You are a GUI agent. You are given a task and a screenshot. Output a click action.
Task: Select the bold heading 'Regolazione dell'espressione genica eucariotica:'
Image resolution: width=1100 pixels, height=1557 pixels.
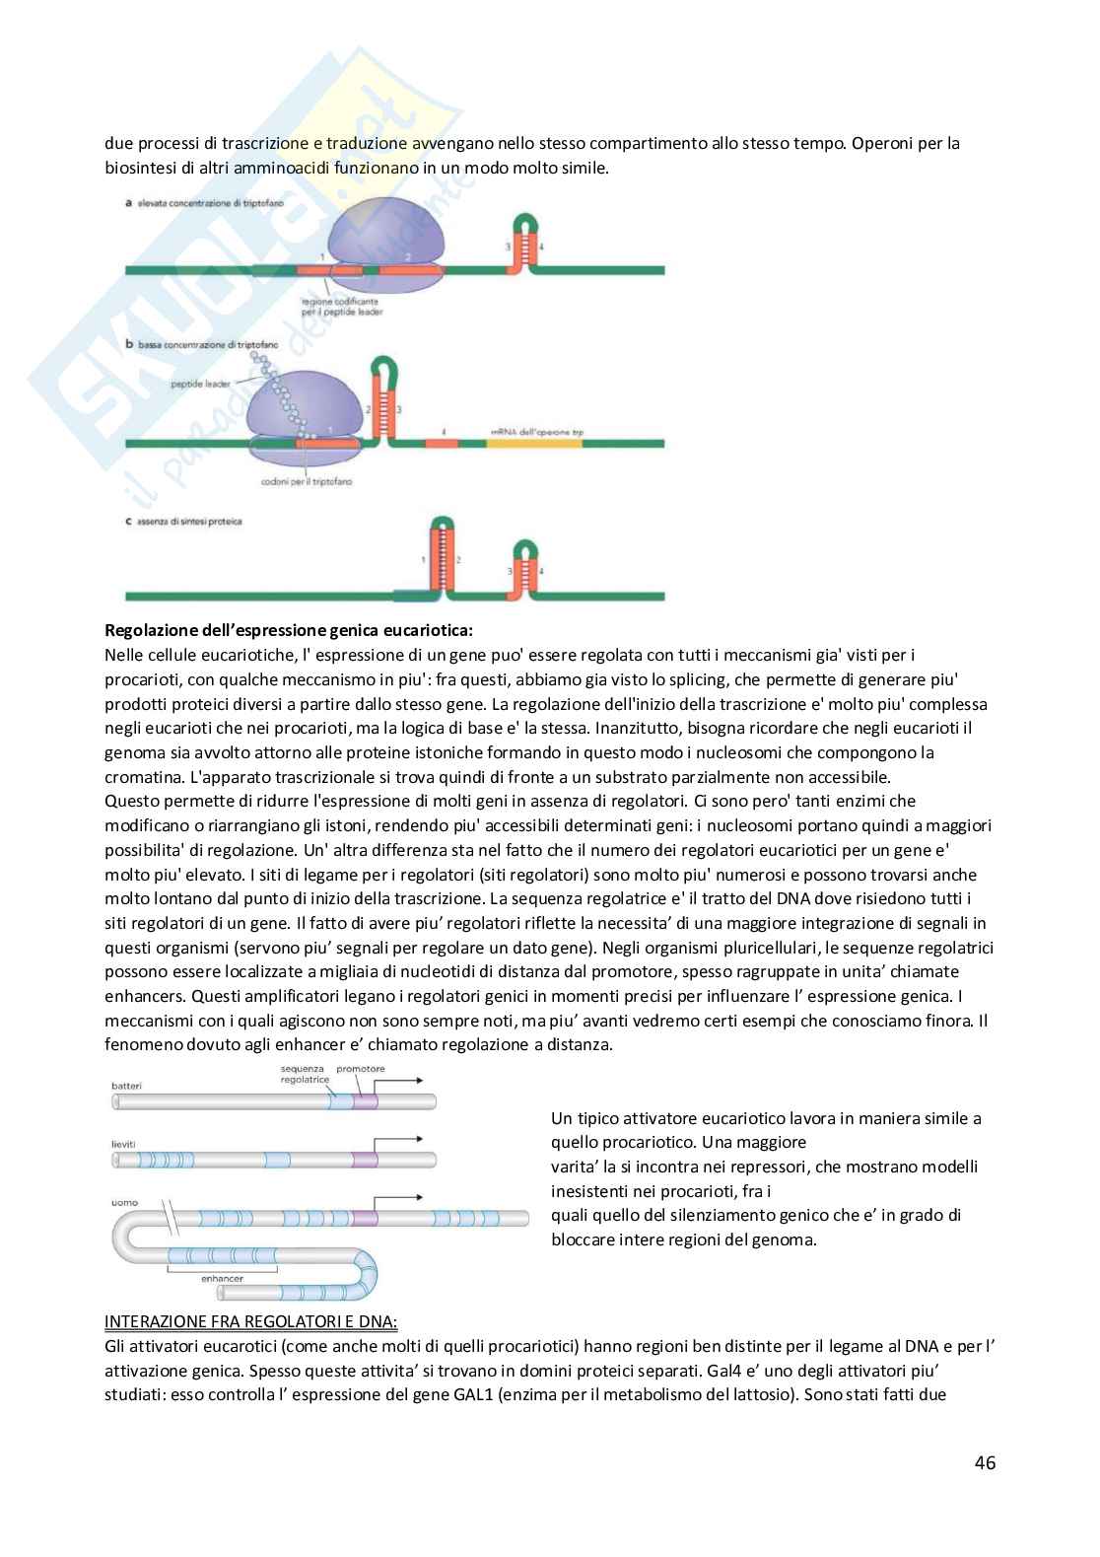pyautogui.click(x=289, y=629)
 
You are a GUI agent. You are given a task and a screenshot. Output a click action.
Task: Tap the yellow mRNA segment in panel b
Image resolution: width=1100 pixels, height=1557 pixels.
pyautogui.click(x=533, y=444)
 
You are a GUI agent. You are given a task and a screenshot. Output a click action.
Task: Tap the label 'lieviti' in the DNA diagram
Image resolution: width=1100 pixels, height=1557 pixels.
pyautogui.click(x=124, y=1143)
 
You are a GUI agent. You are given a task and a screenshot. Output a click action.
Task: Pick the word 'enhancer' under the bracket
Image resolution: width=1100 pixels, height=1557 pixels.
pyautogui.click(x=222, y=1278)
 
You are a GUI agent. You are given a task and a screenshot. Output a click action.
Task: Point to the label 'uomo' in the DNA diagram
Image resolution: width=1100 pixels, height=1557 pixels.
pyautogui.click(x=125, y=1202)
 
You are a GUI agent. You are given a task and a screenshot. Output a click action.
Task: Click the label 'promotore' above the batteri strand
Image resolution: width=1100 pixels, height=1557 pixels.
pyautogui.click(x=361, y=1069)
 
